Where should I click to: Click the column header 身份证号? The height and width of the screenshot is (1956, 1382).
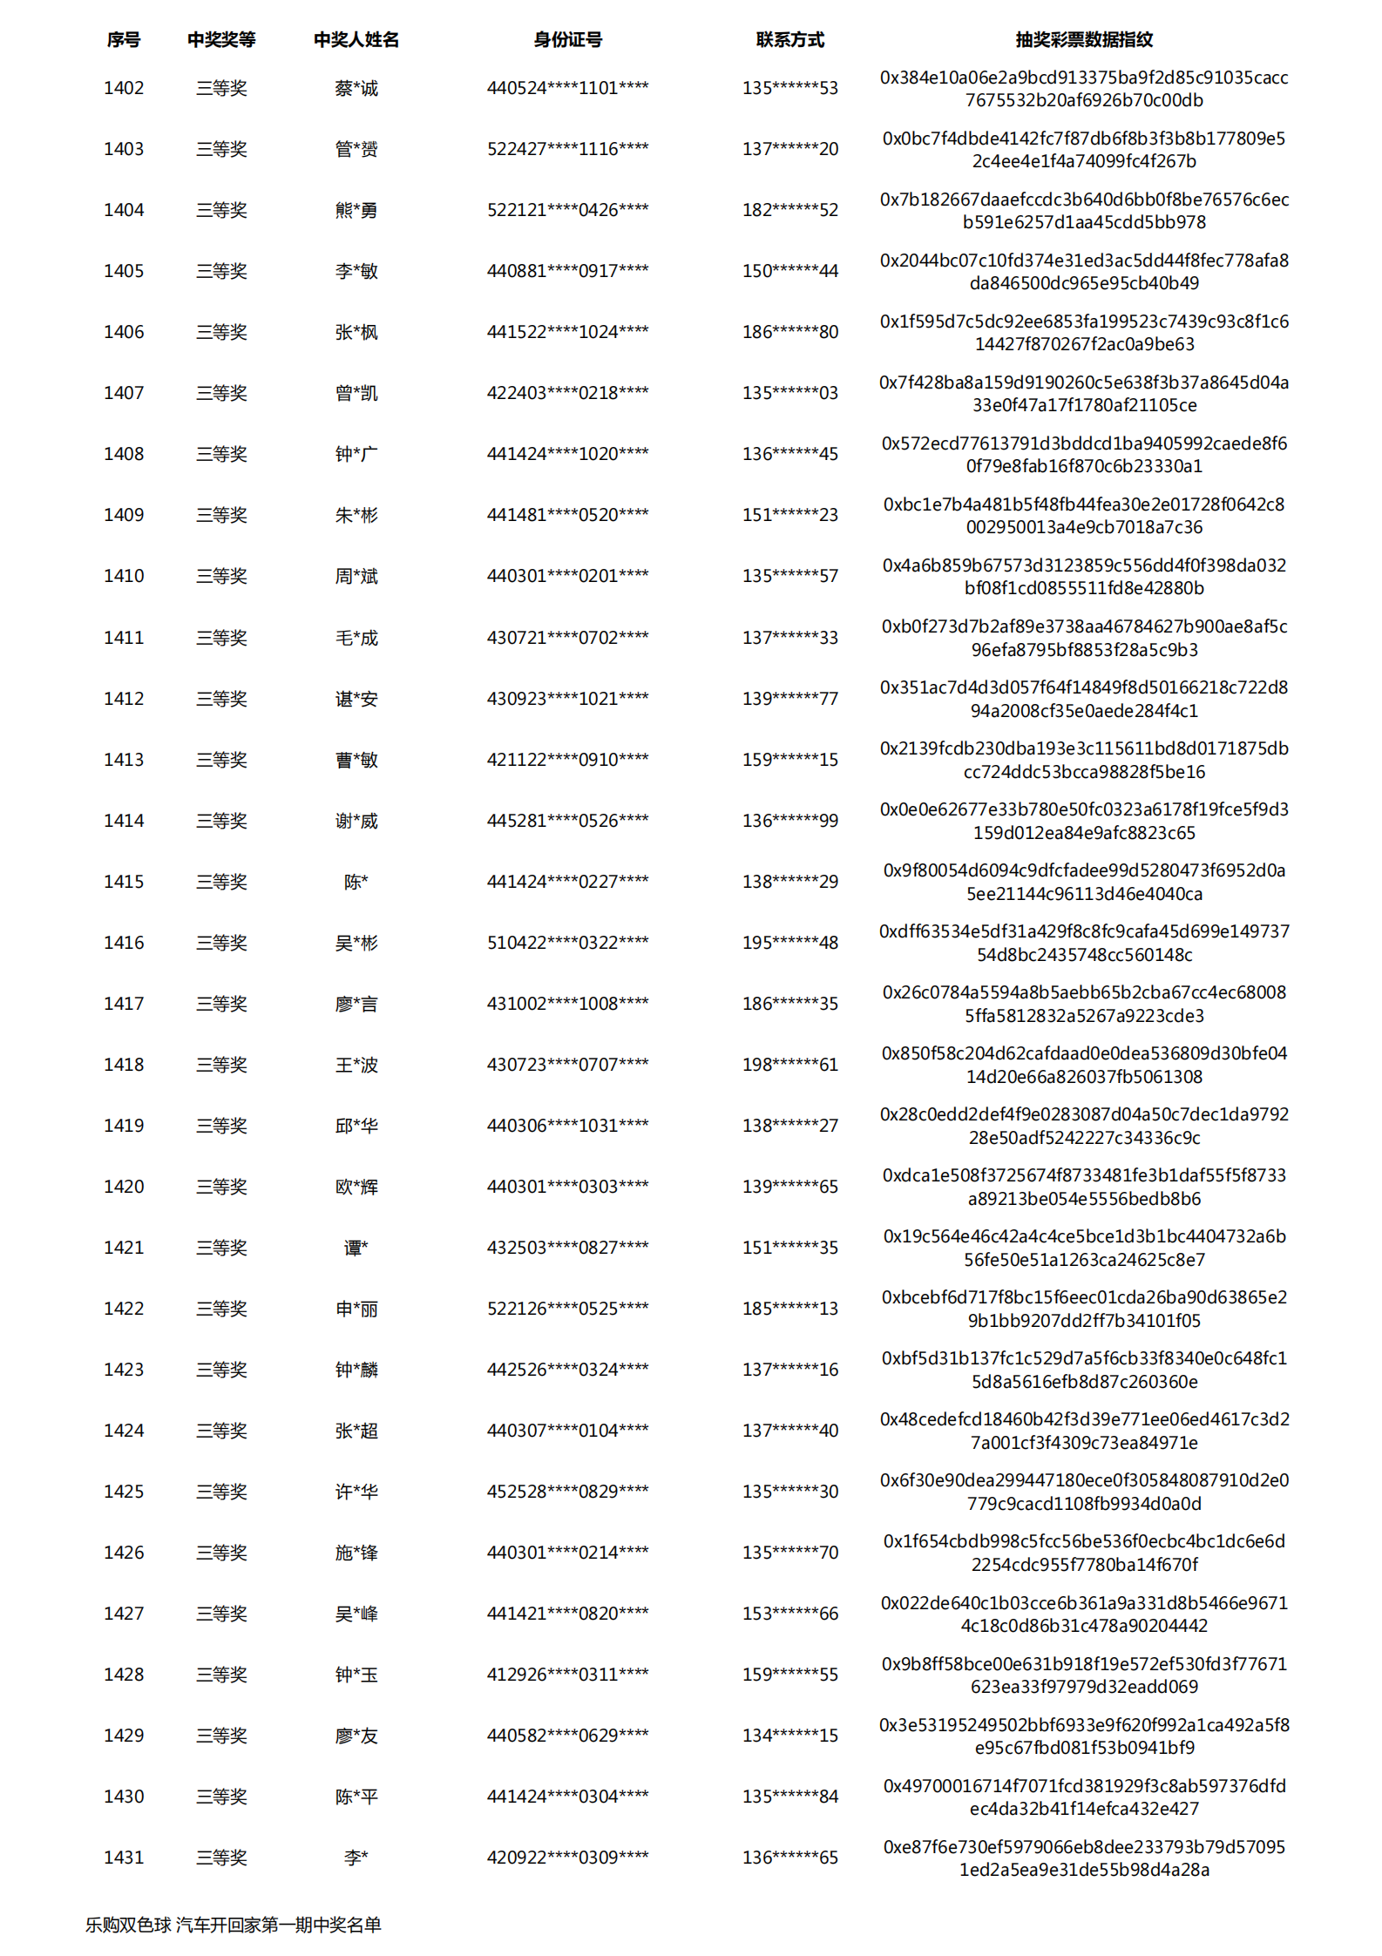(567, 39)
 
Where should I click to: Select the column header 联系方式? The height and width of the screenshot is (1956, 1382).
(789, 39)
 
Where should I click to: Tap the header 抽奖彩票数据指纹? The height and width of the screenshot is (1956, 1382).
(1083, 39)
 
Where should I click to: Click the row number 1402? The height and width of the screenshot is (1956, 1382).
(124, 88)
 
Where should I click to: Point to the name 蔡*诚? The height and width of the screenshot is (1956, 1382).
(356, 88)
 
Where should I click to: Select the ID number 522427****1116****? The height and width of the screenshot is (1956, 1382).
(567, 149)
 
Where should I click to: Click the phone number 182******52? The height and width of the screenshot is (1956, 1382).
(789, 210)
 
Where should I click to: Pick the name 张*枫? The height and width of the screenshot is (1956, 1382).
(356, 332)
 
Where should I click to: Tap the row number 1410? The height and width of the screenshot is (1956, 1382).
(124, 576)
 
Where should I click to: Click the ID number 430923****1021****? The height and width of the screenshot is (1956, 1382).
(567, 699)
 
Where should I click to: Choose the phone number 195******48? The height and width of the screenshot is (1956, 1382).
(789, 943)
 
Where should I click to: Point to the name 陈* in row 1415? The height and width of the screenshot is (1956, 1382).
(356, 882)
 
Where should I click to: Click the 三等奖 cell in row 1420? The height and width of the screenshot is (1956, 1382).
(221, 1187)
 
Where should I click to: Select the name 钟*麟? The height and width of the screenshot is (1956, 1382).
(356, 1370)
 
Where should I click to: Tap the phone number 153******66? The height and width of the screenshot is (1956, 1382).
(789, 1614)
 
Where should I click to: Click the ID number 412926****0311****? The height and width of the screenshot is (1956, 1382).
(567, 1675)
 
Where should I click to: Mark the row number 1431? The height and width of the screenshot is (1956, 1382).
(124, 1858)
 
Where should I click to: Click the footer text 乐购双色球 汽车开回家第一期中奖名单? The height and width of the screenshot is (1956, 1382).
(233, 1925)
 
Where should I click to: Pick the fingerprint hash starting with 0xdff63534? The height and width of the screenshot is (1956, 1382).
(1083, 943)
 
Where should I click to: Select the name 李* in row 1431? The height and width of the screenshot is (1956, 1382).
(356, 1858)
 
